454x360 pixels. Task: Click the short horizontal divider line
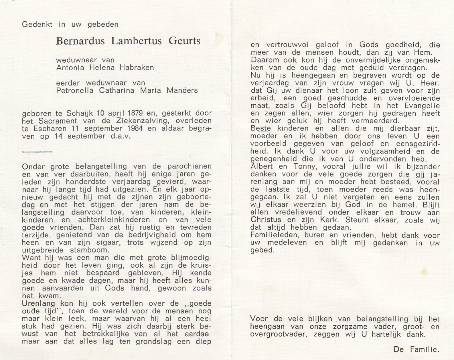point(37,152)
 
